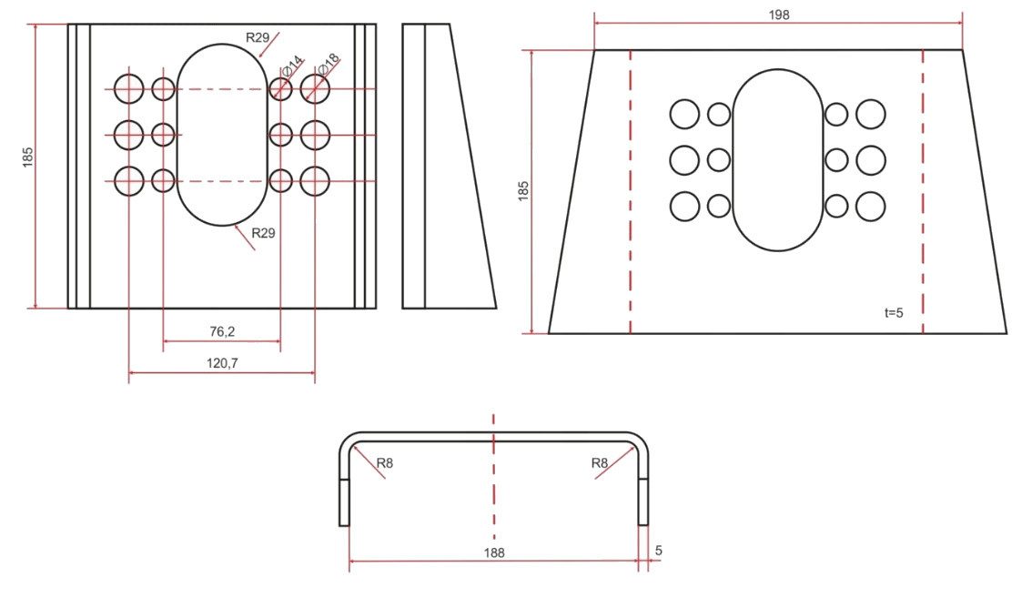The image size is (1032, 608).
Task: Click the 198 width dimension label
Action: pyautogui.click(x=779, y=15)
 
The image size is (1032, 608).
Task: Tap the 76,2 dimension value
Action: pyautogui.click(x=222, y=331)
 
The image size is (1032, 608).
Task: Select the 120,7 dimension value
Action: pyautogui.click(x=222, y=362)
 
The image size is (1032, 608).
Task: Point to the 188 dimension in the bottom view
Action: pyautogui.click(x=494, y=552)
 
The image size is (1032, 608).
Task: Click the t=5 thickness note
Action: pyautogui.click(x=894, y=313)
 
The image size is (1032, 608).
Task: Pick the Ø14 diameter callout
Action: pyautogui.click(x=293, y=66)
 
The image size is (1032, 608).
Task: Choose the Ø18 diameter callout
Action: pyautogui.click(x=329, y=63)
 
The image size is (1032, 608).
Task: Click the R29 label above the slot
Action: pyautogui.click(x=258, y=37)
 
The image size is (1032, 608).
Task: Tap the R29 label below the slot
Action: pyautogui.click(x=263, y=233)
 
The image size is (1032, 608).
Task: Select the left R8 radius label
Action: pyautogui.click(x=385, y=463)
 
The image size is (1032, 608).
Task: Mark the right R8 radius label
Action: pyautogui.click(x=600, y=463)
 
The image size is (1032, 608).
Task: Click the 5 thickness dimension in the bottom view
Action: pyautogui.click(x=659, y=551)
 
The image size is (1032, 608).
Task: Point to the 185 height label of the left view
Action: pyautogui.click(x=27, y=157)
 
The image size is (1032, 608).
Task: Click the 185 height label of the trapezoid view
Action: pyautogui.click(x=524, y=191)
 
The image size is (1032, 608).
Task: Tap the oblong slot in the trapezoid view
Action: pyautogui.click(x=732, y=160)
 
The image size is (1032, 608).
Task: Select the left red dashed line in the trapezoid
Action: pyautogui.click(x=631, y=191)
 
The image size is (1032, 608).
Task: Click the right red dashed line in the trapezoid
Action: pyautogui.click(x=923, y=191)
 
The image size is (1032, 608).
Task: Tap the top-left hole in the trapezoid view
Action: pyautogui.click(x=684, y=115)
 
